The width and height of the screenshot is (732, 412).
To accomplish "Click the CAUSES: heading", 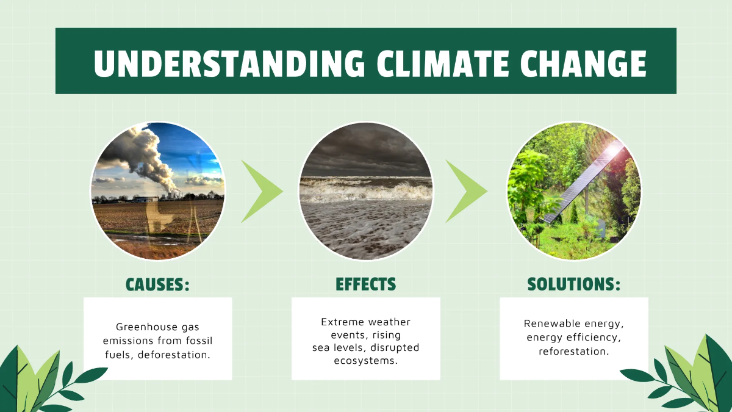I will [157, 284].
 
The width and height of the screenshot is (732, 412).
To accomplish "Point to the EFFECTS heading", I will [365, 284].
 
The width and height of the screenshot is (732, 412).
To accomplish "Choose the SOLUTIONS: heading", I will [573, 284].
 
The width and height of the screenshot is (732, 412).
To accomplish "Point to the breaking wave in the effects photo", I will [366, 189].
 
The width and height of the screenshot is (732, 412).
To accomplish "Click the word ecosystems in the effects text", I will [365, 361].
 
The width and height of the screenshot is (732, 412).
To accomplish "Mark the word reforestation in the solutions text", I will [573, 351].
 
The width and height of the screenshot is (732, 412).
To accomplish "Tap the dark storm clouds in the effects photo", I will [366, 153].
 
